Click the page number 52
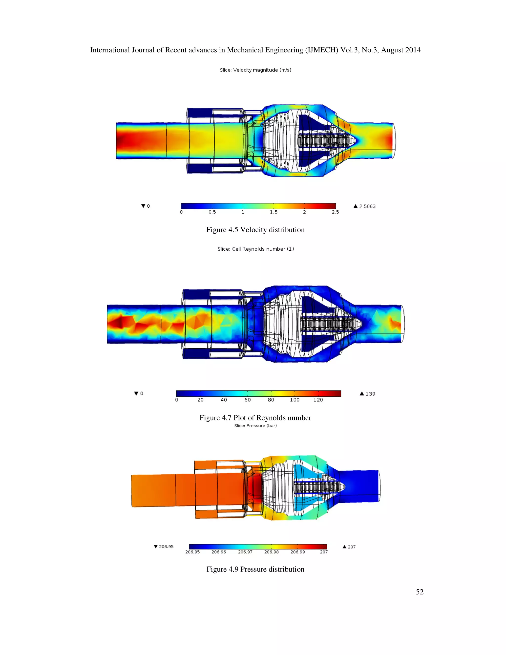pyautogui.click(x=419, y=592)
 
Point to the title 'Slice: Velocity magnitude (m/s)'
pyautogui.click(x=255, y=70)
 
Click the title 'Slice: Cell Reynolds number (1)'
pyautogui.click(x=255, y=249)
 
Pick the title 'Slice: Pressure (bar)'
pyautogui.click(x=255, y=426)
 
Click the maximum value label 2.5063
pyautogui.click(x=367, y=206)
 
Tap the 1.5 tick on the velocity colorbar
pyautogui.click(x=274, y=212)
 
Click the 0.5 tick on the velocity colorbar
pyautogui.click(x=212, y=212)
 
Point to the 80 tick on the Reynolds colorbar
pyautogui.click(x=271, y=400)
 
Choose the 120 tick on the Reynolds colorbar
pyautogui.click(x=318, y=400)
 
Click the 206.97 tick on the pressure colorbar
pyautogui.click(x=245, y=552)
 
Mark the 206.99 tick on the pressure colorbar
pyautogui.click(x=297, y=552)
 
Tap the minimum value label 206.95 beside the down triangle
pyautogui.click(x=166, y=546)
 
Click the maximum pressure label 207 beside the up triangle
pyautogui.click(x=351, y=547)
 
